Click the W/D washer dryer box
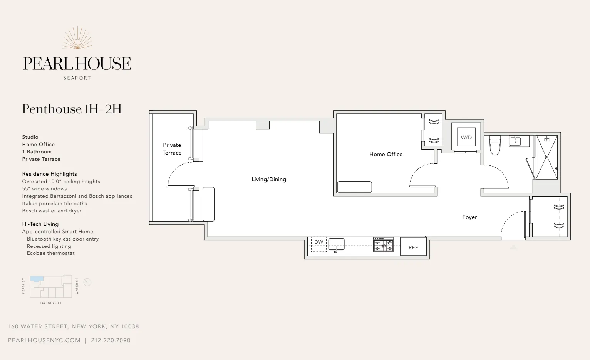[x=466, y=137]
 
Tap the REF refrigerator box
[x=413, y=247]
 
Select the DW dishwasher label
[x=318, y=242]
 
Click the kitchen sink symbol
[x=336, y=244]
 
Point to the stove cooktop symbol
[x=383, y=245]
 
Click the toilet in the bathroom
[x=495, y=145]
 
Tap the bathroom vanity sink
[x=515, y=141]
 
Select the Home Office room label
[x=386, y=154]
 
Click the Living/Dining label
[x=268, y=179]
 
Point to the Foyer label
[x=469, y=217]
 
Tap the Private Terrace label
[x=172, y=149]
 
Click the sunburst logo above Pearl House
[x=77, y=38]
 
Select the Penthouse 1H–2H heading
[x=72, y=109]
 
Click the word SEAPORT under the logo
[x=77, y=78]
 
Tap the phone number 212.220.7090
[x=111, y=340]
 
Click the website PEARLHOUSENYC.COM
[x=44, y=340]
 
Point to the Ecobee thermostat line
[x=50, y=253]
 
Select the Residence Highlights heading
[x=49, y=174]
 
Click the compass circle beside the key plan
[x=87, y=282]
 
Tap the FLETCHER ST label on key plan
[x=51, y=303]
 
